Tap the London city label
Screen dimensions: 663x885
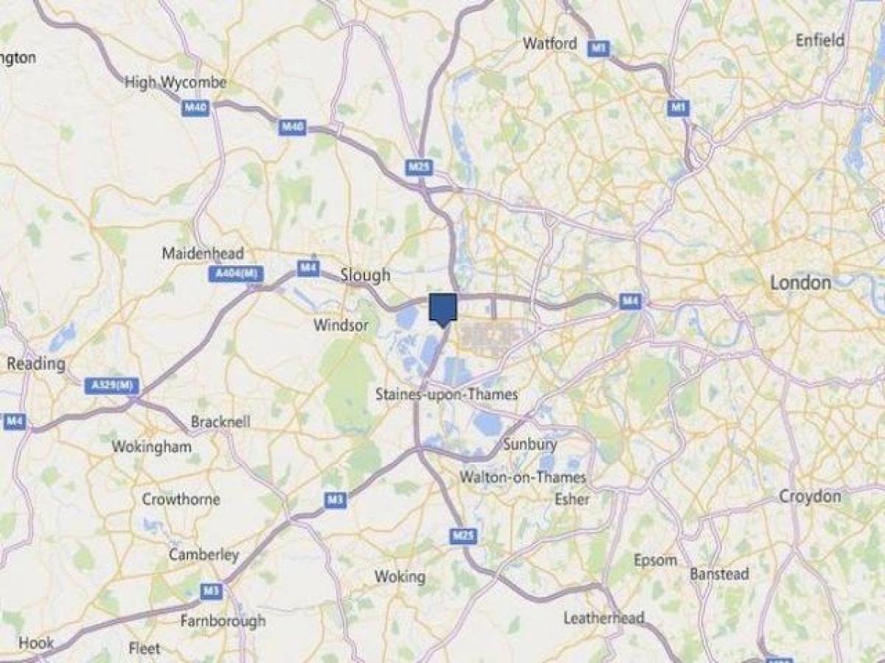click(x=800, y=283)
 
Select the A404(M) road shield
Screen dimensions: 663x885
click(x=235, y=274)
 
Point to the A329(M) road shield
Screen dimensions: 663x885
click(x=111, y=385)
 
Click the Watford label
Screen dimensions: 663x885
click(x=549, y=43)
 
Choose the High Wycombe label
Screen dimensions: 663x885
click(x=176, y=83)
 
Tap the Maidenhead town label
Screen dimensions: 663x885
click(x=203, y=253)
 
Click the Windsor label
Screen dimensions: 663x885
click(x=341, y=325)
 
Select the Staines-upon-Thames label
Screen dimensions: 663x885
click(x=446, y=394)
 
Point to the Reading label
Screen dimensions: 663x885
click(x=36, y=364)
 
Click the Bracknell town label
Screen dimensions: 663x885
click(x=221, y=422)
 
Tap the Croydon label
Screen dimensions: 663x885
click(x=810, y=497)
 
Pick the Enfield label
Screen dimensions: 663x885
click(x=820, y=41)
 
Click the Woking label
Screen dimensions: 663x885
click(x=400, y=576)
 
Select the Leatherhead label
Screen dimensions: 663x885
click(x=603, y=618)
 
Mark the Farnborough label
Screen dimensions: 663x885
click(x=223, y=621)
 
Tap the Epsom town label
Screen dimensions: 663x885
click(x=654, y=560)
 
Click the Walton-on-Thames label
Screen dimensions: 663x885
click(x=523, y=477)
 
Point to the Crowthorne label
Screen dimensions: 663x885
click(x=181, y=499)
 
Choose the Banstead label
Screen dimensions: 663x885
click(x=719, y=573)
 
